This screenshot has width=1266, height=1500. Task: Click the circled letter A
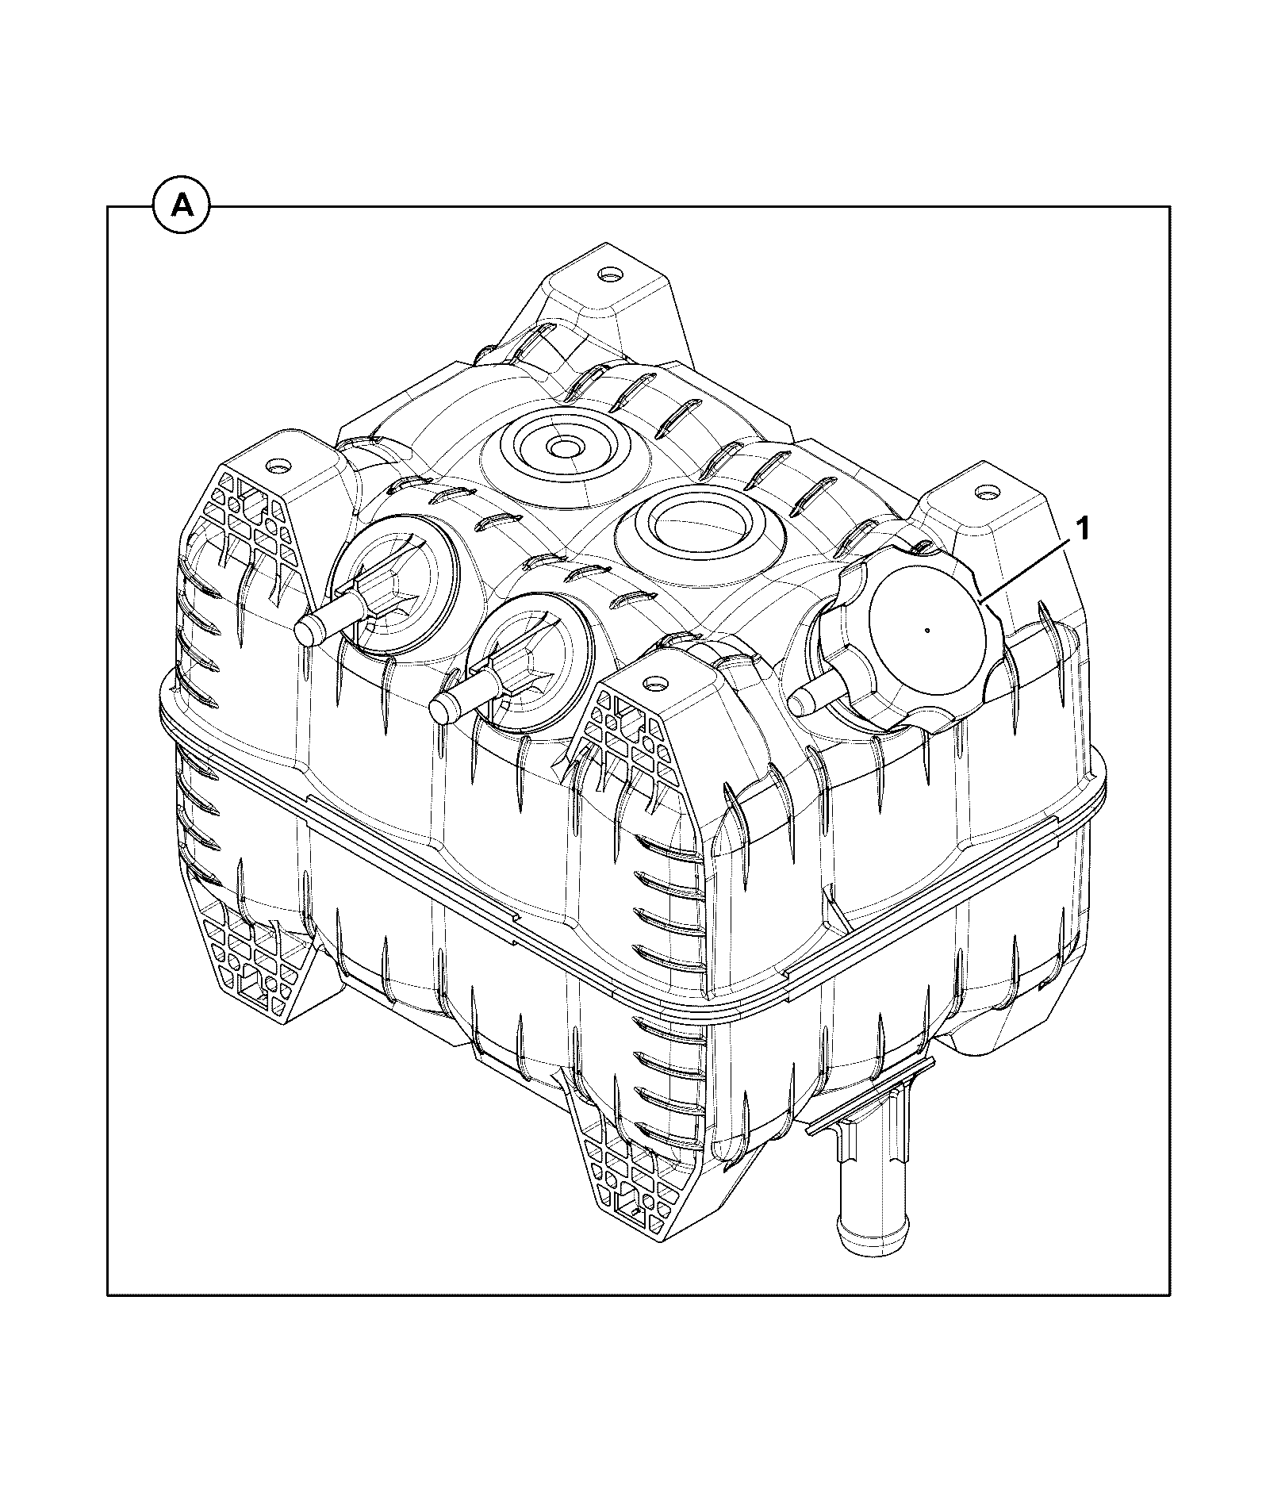[x=182, y=206]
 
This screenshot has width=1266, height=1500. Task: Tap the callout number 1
[x=1083, y=528]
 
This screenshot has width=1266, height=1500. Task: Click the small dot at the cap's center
[x=927, y=631]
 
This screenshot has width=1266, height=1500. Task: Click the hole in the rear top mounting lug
[x=611, y=275]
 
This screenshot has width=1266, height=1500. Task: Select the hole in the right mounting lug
[x=987, y=493]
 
